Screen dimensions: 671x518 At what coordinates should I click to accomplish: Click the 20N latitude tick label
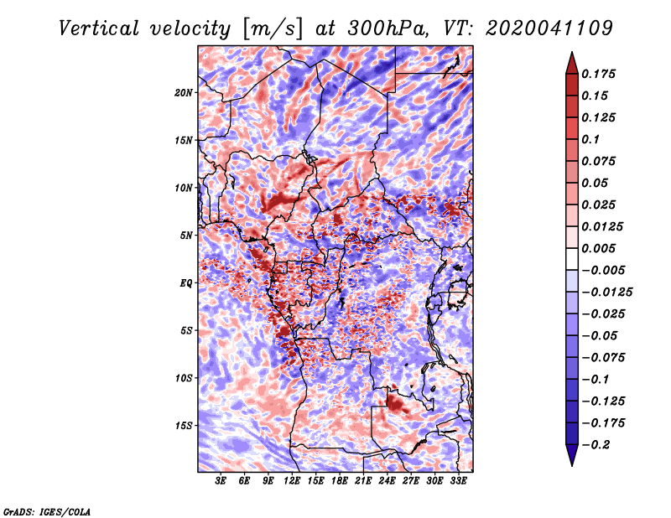click(x=184, y=93)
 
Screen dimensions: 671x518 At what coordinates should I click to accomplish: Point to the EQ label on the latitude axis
click(x=185, y=283)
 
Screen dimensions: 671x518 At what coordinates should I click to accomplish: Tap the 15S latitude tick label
click(x=184, y=426)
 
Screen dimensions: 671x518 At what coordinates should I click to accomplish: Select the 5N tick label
click(x=186, y=236)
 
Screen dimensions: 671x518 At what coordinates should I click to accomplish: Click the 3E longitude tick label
click(x=221, y=481)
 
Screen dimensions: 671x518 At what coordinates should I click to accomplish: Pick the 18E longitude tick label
click(x=340, y=481)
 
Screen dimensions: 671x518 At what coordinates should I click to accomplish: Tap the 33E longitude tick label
click(x=458, y=481)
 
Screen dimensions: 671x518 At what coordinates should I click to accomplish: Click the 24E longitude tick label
click(x=387, y=481)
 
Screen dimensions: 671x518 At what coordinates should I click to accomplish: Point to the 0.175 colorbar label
click(x=598, y=74)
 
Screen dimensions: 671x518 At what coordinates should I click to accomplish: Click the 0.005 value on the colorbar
click(x=598, y=248)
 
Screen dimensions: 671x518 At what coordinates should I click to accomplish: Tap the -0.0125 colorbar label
click(x=606, y=293)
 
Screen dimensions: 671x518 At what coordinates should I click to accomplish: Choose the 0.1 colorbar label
click(x=590, y=139)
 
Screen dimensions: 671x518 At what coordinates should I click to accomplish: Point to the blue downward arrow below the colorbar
click(x=572, y=455)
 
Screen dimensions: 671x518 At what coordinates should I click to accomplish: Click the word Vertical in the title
click(x=98, y=28)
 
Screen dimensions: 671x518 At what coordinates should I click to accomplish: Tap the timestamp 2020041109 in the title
click(x=549, y=28)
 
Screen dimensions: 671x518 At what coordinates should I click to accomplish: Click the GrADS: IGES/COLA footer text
click(x=47, y=511)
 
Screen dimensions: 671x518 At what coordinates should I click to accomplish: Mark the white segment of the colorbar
click(x=572, y=259)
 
